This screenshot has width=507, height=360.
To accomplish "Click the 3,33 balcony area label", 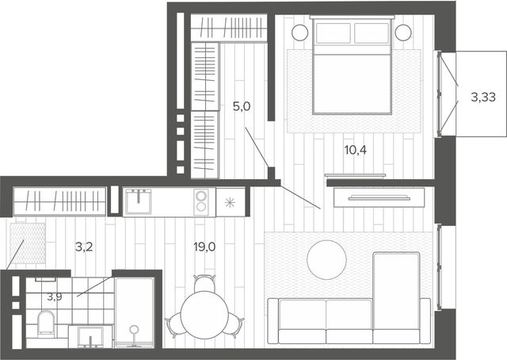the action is [x=483, y=97].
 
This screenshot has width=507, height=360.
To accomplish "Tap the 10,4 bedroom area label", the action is [x=356, y=150].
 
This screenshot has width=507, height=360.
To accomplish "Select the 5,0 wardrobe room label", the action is [x=242, y=106].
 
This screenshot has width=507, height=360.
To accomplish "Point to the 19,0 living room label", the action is [x=204, y=247].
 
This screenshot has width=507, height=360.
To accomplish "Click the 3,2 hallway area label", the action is [x=84, y=247].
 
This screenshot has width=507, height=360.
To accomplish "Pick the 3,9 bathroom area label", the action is [x=55, y=297].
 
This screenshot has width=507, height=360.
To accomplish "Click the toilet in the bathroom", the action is [x=46, y=323].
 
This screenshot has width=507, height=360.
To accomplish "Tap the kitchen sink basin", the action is [x=139, y=201].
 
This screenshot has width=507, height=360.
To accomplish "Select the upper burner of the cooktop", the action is [x=200, y=196].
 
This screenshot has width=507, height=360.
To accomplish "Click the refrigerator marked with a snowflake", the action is [x=231, y=202].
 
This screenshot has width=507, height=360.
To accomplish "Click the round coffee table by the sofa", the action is [x=326, y=259].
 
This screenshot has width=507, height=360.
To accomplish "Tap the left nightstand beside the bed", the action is [x=299, y=33].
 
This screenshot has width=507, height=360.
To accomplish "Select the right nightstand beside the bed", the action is [x=403, y=33].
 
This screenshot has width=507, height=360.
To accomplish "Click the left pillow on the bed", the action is [x=334, y=33].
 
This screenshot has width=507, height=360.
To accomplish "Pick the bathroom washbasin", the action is [x=90, y=337].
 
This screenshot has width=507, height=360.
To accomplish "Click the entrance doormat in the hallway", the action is [x=28, y=243].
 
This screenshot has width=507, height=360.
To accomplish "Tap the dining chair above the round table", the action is [x=204, y=283].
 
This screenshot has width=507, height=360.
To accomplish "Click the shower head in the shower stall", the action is [x=134, y=330].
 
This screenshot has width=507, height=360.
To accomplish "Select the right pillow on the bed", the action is [x=372, y=33].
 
